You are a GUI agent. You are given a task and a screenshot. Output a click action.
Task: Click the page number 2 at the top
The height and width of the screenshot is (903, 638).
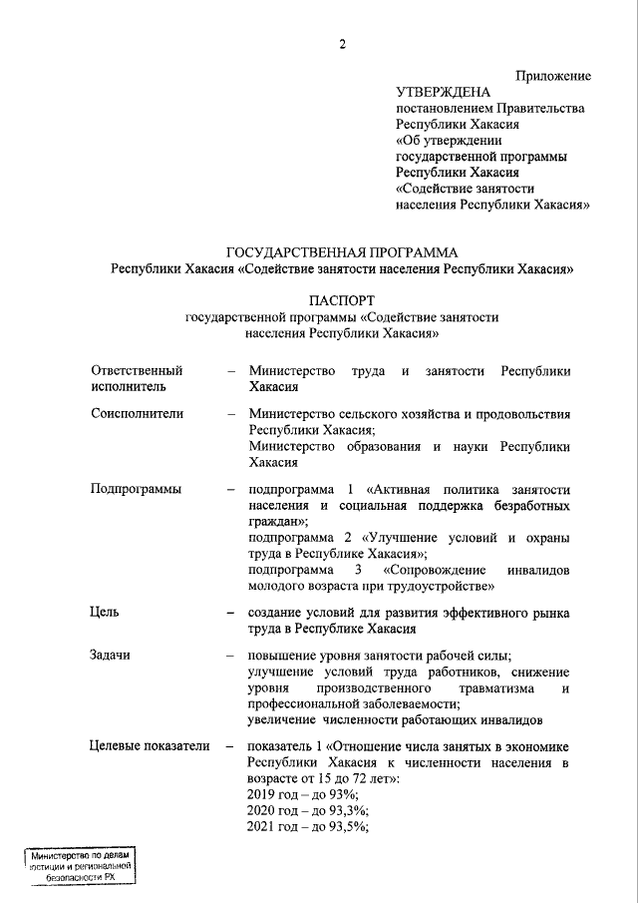tap(342, 44)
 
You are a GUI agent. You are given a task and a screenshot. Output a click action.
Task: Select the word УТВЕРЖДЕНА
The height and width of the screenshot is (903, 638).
tap(437, 92)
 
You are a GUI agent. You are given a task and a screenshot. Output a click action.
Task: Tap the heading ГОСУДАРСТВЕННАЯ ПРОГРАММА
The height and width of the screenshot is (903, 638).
tap(342, 252)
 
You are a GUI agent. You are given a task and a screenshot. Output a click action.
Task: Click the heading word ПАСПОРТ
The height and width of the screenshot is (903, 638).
tap(342, 299)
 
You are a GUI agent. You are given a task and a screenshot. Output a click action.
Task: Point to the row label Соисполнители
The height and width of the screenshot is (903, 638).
tap(135, 413)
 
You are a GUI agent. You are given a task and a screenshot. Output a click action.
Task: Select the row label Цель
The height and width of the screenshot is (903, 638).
tap(105, 613)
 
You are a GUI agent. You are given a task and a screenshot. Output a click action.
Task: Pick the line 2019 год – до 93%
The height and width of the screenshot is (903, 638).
tap(303, 793)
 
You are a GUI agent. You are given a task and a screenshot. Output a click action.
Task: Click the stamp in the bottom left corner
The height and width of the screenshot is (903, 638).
tap(80, 867)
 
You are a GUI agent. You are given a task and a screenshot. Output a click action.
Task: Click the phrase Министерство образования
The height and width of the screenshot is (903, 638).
tap(335, 446)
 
